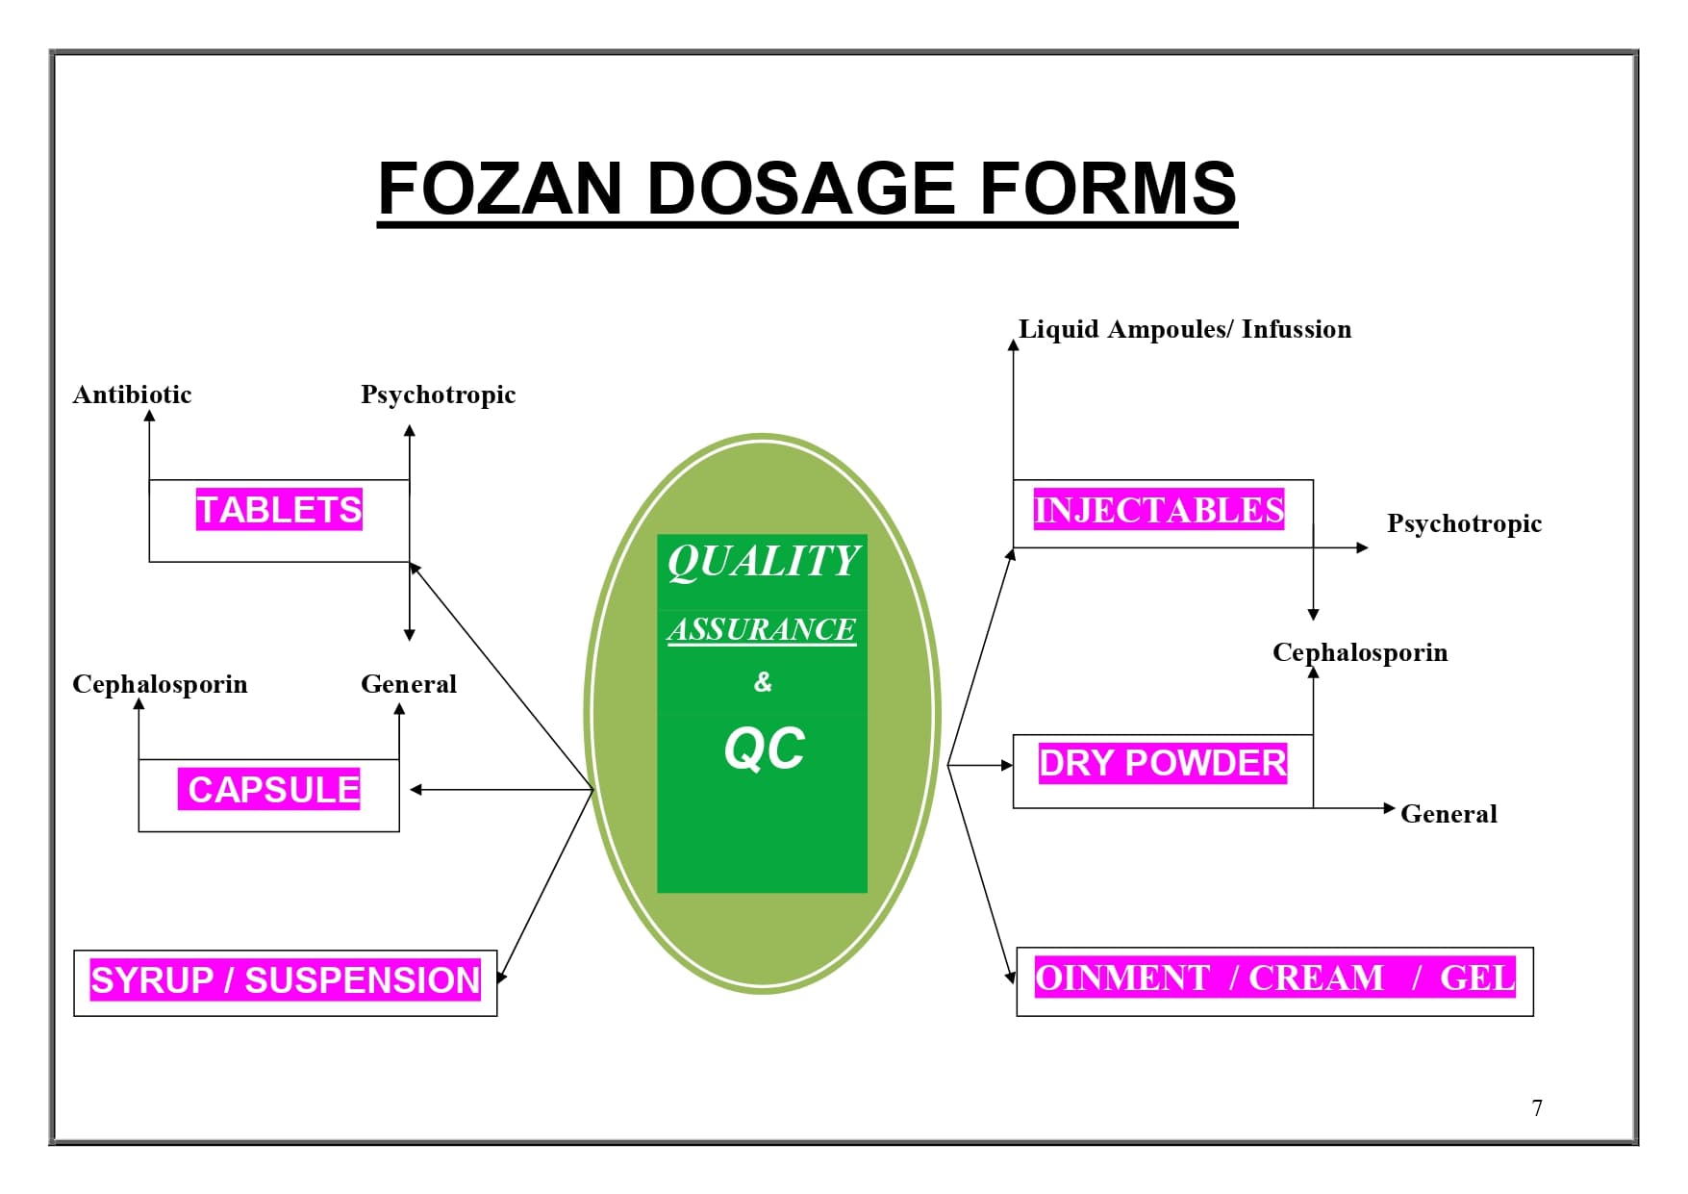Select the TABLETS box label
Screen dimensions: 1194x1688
click(279, 509)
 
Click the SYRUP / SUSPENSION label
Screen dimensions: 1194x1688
click(286, 979)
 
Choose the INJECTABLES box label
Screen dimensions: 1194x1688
click(1159, 509)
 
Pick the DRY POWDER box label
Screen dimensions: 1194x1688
click(1162, 763)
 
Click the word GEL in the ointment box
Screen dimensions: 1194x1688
click(1476, 978)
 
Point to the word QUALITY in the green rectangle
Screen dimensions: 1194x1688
click(763, 561)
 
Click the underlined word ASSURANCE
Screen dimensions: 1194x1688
click(762, 629)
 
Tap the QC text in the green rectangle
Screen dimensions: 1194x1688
click(765, 749)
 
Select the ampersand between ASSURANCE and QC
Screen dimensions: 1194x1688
click(763, 682)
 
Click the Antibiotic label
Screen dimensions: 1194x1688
click(132, 394)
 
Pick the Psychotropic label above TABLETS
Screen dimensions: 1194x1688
click(438, 394)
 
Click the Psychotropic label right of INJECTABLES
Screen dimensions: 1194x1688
click(1464, 523)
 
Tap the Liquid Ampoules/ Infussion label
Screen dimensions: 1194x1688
click(1184, 329)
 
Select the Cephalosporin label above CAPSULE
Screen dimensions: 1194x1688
click(160, 684)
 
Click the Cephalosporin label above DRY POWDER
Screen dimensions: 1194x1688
click(1359, 652)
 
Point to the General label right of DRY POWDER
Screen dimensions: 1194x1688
click(1449, 814)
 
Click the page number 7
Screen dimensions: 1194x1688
click(1537, 1108)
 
